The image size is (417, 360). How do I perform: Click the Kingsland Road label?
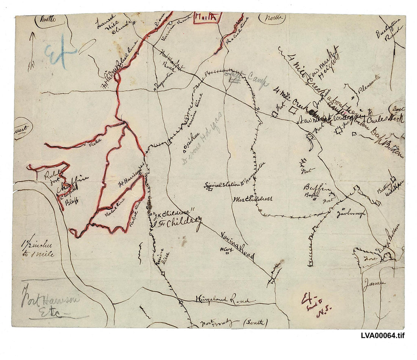tap(222, 300)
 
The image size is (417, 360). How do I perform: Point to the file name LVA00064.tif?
tap(383, 336)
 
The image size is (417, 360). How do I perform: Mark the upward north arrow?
tap(32, 46)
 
